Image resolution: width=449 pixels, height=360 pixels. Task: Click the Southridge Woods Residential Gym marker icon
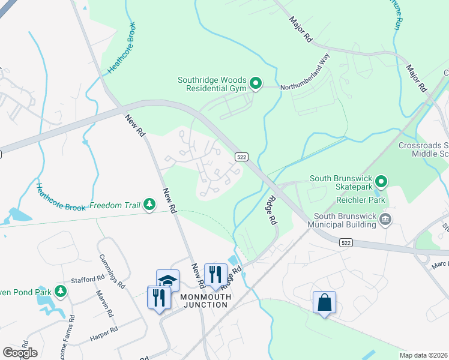(x=256, y=83)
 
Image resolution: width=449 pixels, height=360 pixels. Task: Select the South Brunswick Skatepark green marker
(x=381, y=180)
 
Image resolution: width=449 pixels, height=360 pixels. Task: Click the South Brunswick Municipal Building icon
(x=385, y=220)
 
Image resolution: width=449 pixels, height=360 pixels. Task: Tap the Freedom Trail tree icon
(x=149, y=206)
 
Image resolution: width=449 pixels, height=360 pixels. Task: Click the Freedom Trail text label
(x=115, y=206)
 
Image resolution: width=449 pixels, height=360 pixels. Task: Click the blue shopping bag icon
(x=324, y=302)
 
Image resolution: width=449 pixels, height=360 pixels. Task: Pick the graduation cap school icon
(x=168, y=281)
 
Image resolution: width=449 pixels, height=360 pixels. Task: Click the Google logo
(x=20, y=353)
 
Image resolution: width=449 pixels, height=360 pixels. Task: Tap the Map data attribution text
(x=423, y=355)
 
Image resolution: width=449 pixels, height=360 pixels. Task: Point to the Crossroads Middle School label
(x=424, y=149)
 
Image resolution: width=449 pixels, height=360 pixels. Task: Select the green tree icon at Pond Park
(x=60, y=292)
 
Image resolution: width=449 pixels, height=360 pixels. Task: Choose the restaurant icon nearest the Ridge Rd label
(x=215, y=275)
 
